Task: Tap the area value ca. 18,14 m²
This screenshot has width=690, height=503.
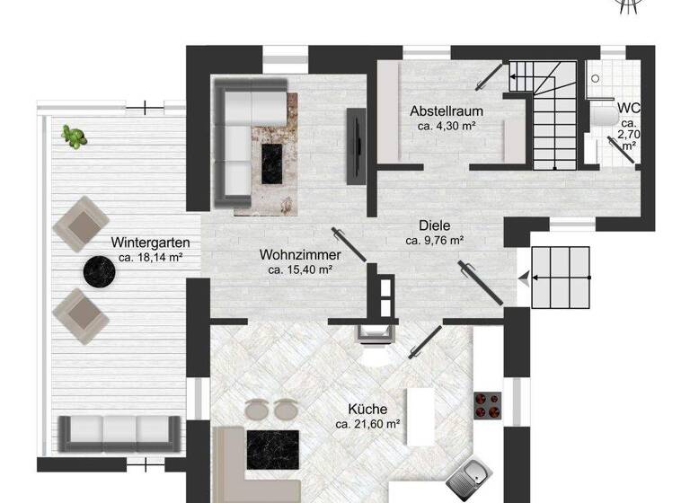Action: (x=150, y=258)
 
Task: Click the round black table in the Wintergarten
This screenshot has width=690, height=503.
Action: (x=98, y=271)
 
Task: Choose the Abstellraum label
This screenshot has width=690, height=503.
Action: (x=447, y=111)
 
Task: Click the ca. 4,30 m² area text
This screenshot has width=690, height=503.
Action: (x=447, y=127)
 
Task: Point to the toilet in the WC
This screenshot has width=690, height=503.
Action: (x=603, y=115)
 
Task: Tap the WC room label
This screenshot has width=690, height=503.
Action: (x=628, y=108)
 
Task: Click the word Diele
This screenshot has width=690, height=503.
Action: (x=434, y=225)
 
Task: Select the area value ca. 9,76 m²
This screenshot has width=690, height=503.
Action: (x=434, y=241)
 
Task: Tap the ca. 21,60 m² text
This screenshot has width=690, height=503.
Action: (x=367, y=423)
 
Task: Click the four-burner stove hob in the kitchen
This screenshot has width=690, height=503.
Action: (x=485, y=404)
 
